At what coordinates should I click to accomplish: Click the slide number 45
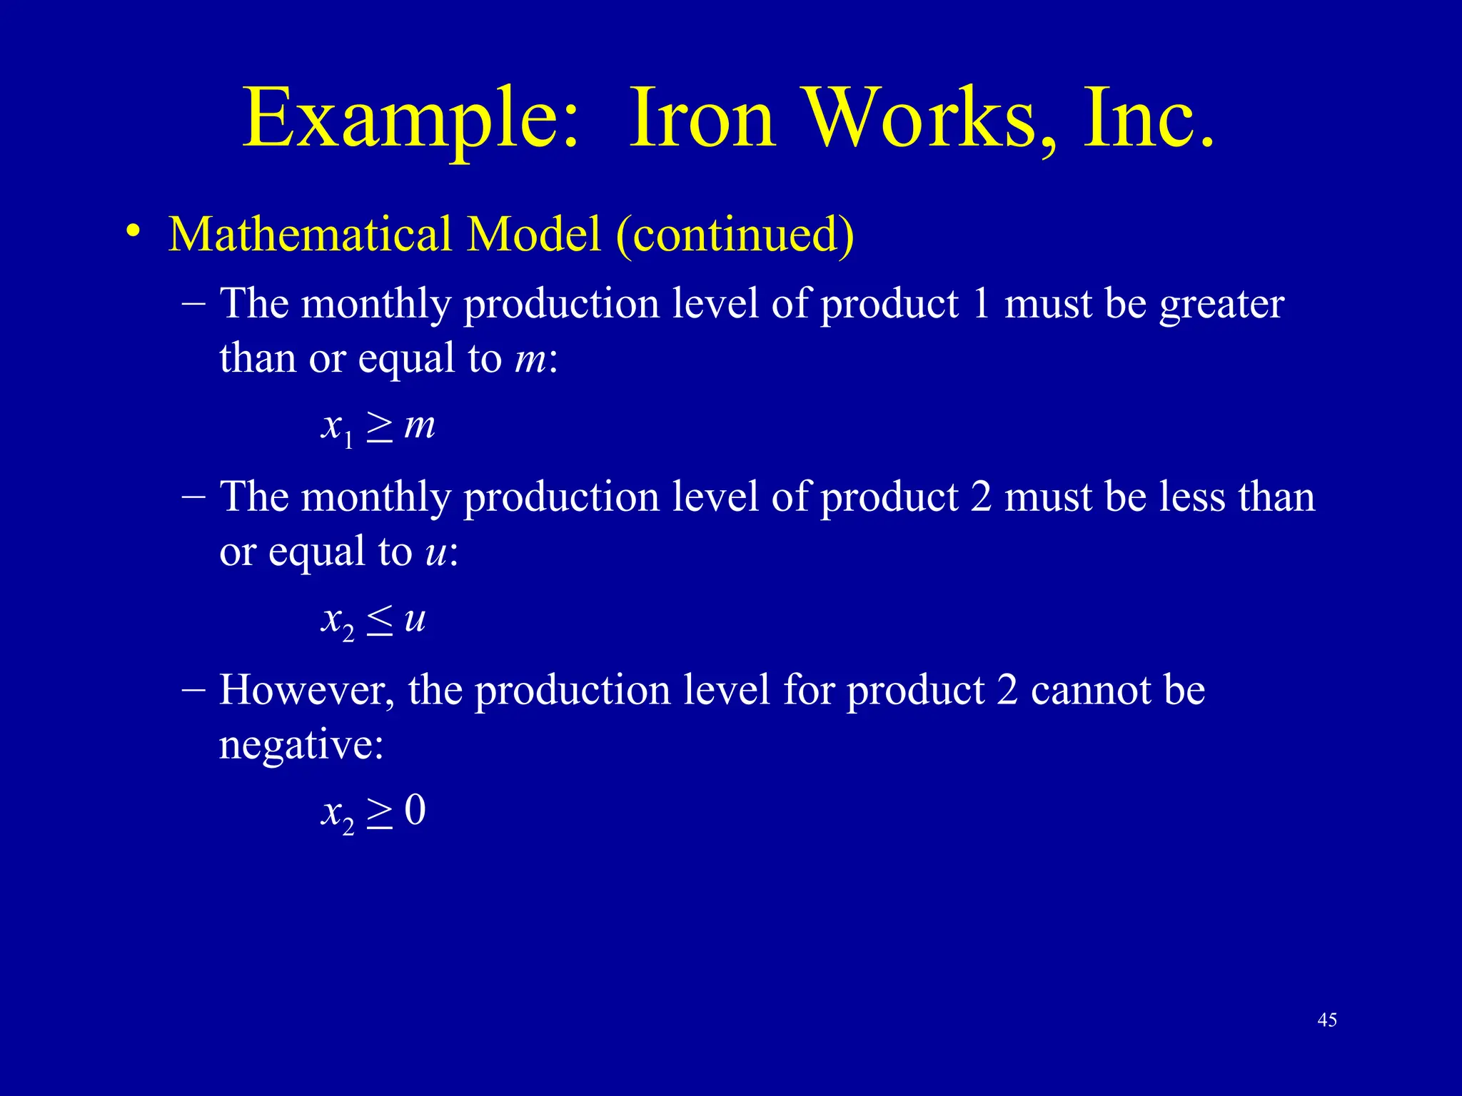pyautogui.click(x=1327, y=1020)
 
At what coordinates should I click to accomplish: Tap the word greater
pyautogui.click(x=1221, y=305)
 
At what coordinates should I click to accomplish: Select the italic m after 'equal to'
pyautogui.click(x=529, y=359)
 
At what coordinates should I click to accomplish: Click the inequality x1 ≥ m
pyautogui.click(x=378, y=427)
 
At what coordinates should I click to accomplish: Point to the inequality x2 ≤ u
pyautogui.click(x=373, y=620)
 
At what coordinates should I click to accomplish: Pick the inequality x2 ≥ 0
pyautogui.click(x=373, y=812)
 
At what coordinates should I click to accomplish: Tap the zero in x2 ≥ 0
pyautogui.click(x=415, y=811)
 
